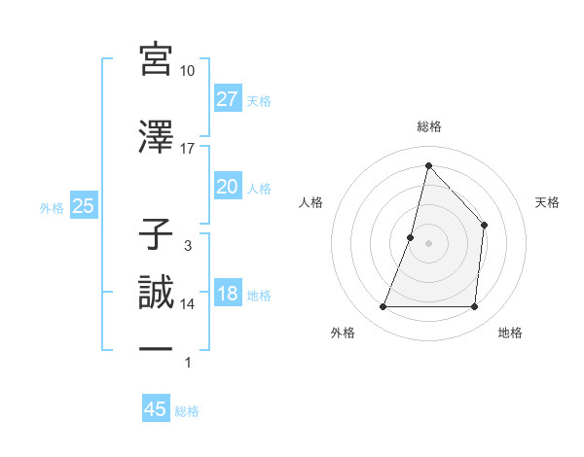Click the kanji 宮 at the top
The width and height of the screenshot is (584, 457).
tap(157, 59)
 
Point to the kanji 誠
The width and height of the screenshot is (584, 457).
tap(157, 293)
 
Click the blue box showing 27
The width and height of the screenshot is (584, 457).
tap(228, 98)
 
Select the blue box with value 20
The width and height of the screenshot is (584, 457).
tap(228, 187)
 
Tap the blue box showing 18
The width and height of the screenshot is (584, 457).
tap(228, 294)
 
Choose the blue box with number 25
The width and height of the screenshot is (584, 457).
tap(83, 206)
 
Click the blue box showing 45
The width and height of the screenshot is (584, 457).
tap(156, 409)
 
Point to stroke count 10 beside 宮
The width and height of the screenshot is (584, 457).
tap(188, 71)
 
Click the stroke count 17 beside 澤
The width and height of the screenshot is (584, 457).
tap(188, 148)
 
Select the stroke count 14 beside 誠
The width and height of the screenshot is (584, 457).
tap(188, 304)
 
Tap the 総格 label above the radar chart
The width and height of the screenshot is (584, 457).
tap(428, 126)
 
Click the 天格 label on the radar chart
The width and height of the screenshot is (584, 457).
tap(547, 202)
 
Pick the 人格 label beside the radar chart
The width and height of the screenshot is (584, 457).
tap(310, 202)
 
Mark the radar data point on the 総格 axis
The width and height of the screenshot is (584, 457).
tap(428, 164)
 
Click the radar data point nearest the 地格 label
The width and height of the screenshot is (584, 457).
tap(475, 307)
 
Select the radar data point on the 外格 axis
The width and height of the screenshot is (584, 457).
tap(383, 307)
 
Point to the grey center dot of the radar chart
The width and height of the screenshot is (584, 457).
tap(428, 243)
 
